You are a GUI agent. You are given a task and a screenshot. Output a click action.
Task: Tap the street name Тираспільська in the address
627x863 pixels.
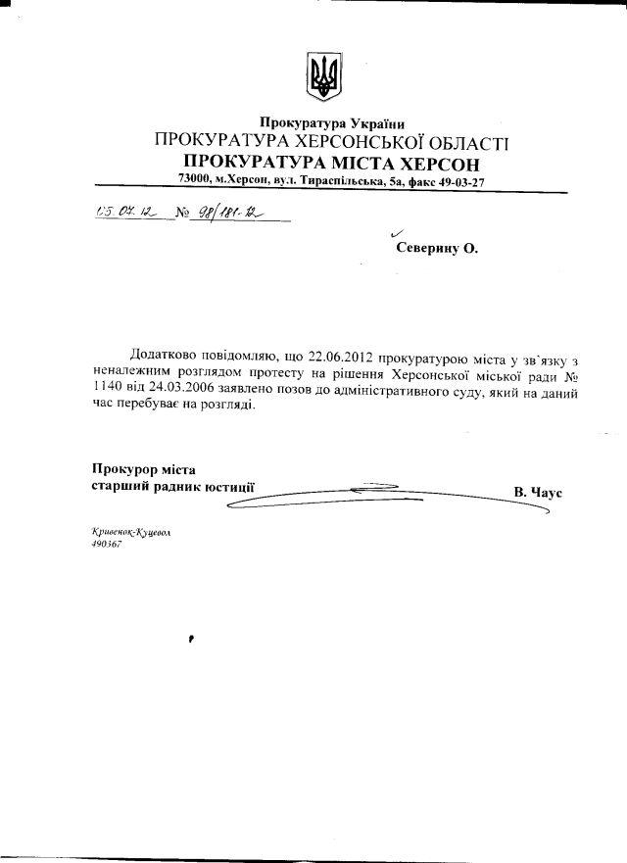346,182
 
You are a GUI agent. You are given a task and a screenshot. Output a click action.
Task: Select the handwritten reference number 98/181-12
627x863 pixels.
229,212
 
